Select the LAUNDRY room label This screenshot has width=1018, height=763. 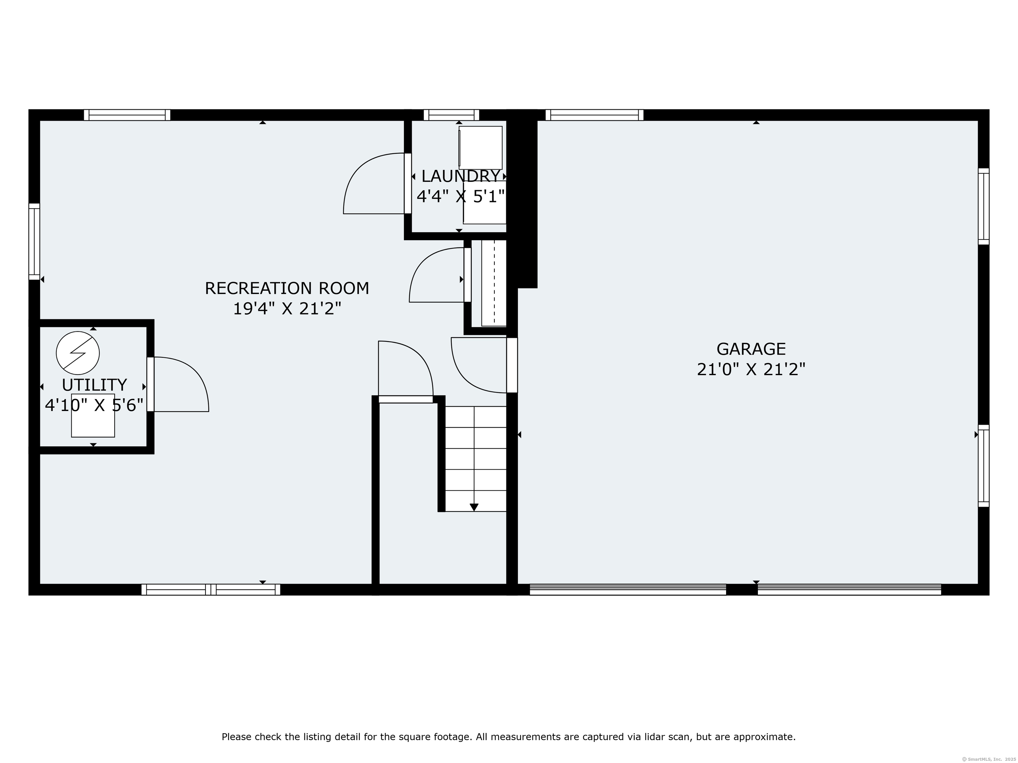coord(460,176)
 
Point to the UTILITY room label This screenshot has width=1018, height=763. coord(94,384)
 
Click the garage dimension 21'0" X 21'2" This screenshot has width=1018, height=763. coord(751,369)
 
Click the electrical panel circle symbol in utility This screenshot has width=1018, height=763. coord(78,353)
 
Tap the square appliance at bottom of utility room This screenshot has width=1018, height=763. coord(93,415)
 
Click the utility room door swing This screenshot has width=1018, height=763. coord(181,384)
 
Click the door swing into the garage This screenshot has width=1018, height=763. coord(479,365)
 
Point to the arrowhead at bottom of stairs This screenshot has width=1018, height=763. coord(474,507)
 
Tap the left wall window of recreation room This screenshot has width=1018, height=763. coord(34,241)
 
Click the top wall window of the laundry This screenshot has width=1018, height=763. coord(451,115)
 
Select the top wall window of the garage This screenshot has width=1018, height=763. coord(594,115)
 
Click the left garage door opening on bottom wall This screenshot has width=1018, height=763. coord(628,589)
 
